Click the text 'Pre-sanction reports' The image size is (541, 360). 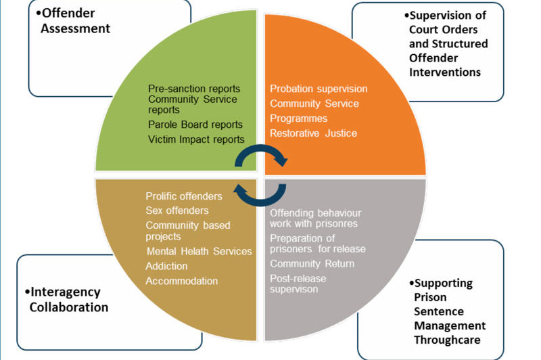pos(193,89)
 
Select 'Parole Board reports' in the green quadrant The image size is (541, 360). pos(195,125)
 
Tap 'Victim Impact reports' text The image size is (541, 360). pos(196,140)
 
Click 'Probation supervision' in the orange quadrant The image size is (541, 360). pos(319,89)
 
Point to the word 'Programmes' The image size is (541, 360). pos(298,118)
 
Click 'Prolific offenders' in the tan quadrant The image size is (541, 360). pos(183,196)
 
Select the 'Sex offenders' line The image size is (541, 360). pos(177,210)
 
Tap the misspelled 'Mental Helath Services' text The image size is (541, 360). pos(199,252)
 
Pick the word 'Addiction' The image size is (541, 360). pos(166,266)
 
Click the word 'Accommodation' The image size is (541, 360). pos(182,281)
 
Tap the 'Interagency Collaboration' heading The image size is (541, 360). pos(68,300)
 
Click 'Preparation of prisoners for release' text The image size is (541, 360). pos(312,243)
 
